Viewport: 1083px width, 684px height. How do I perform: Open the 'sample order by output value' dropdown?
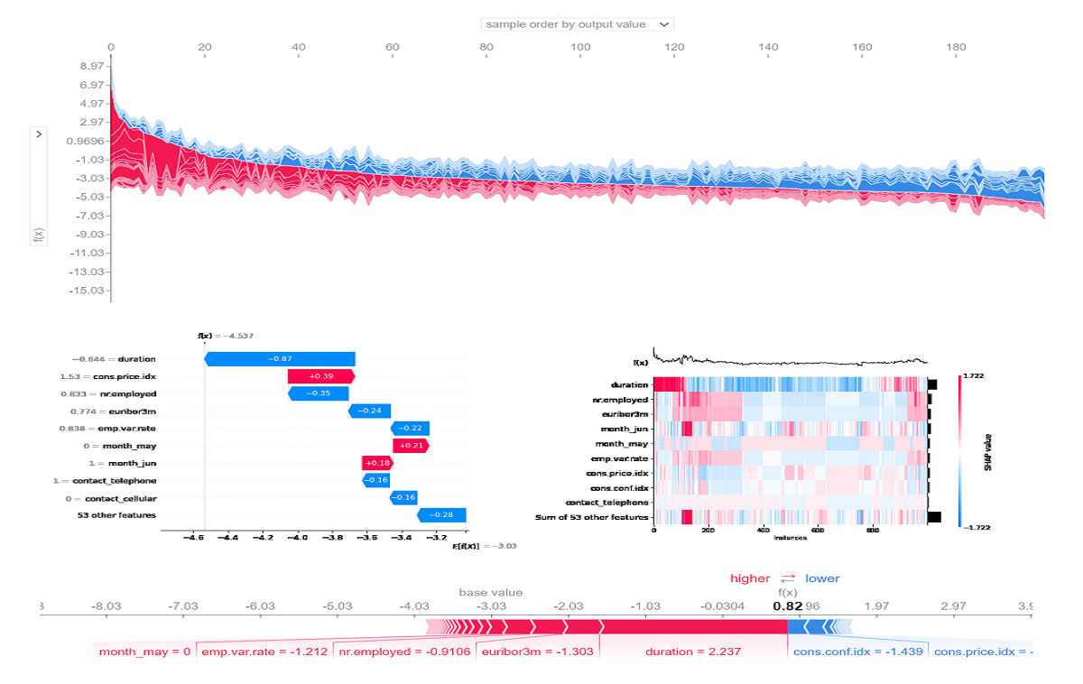tap(577, 24)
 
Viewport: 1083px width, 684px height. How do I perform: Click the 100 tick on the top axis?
tap(581, 47)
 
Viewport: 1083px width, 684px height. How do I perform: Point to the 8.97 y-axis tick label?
tap(92, 67)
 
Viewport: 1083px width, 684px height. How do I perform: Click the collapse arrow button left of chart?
tap(39, 134)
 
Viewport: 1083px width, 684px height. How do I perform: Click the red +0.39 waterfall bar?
tap(321, 376)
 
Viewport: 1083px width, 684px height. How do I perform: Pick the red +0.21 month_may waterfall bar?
tap(411, 446)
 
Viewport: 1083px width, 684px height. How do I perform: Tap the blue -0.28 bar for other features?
tap(442, 515)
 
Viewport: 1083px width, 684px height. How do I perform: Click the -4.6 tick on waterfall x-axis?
tap(193, 537)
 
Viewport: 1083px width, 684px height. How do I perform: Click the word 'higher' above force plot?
tap(751, 578)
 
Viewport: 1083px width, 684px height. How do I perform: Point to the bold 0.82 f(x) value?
tap(786, 606)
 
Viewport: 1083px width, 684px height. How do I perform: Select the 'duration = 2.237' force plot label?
tap(682, 652)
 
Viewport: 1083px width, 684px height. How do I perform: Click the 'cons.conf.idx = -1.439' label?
tap(857, 652)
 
